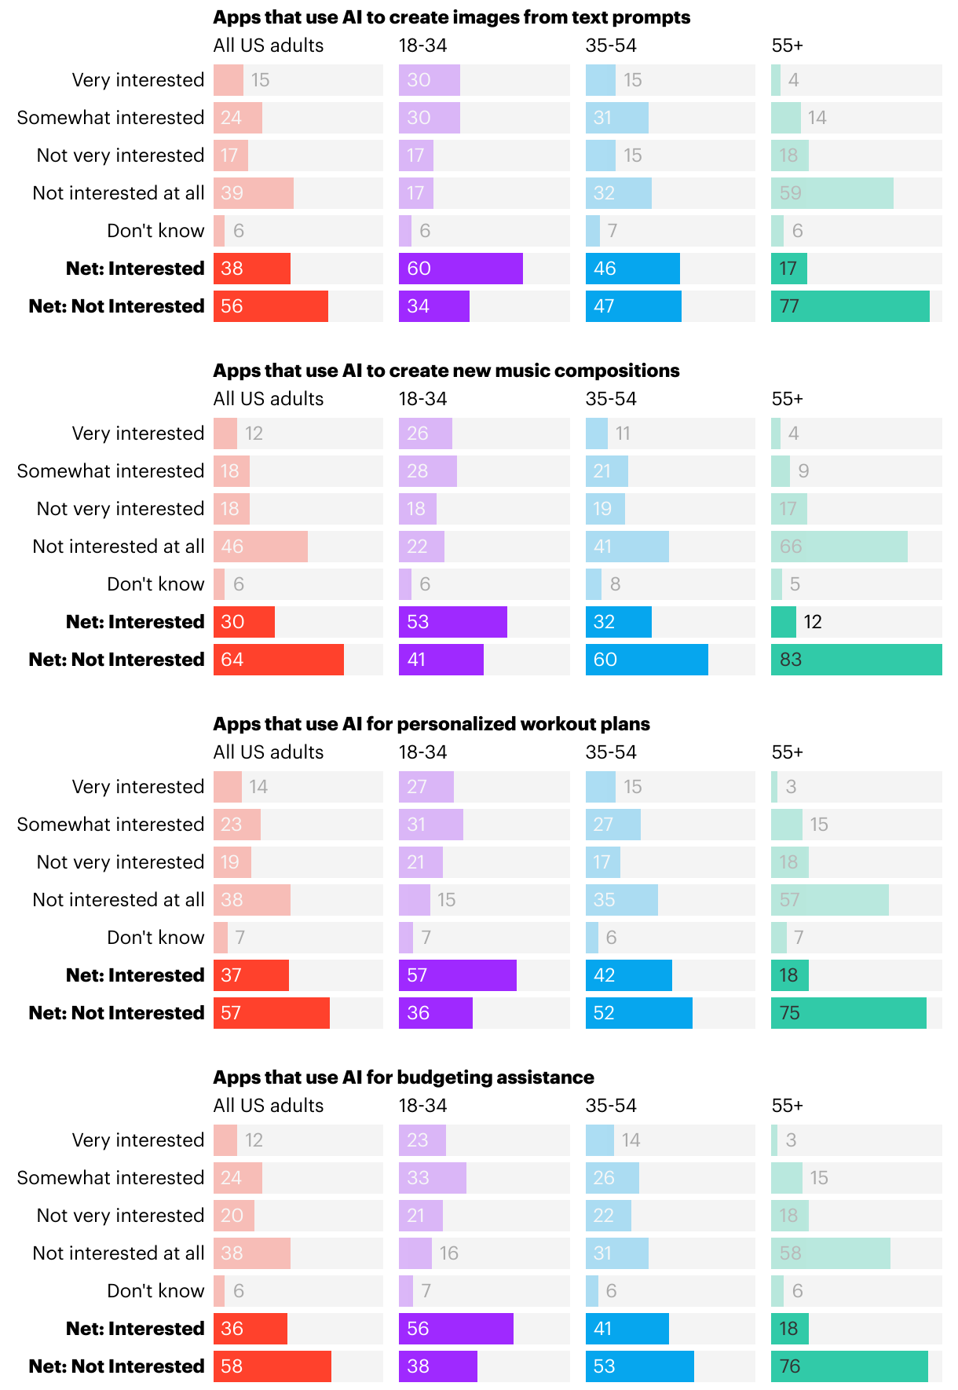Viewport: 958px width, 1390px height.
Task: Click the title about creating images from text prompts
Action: pos(452,17)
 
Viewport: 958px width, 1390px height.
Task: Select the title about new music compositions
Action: pos(446,371)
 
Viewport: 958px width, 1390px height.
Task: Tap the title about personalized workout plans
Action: pos(431,724)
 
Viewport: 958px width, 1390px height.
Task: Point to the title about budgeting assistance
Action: pos(404,1077)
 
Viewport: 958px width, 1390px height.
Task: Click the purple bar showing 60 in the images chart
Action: pos(461,269)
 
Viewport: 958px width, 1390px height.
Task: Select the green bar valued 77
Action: pos(850,306)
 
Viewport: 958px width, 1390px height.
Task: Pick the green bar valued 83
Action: pos(856,660)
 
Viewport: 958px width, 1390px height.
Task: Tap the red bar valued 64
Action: pos(279,660)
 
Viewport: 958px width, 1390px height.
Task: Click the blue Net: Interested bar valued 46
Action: pos(633,269)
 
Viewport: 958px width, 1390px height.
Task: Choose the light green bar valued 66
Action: pos(839,547)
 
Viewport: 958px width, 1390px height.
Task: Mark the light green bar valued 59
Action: pos(832,193)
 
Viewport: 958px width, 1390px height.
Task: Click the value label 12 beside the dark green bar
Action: pos(813,622)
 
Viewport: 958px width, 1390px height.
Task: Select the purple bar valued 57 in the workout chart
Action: pos(458,975)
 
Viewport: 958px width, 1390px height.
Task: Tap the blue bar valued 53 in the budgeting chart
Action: pos(640,1366)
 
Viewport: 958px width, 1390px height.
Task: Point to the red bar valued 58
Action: pos(272,1366)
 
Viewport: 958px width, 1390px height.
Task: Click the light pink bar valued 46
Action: pos(261,547)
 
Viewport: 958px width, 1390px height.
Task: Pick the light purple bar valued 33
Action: pos(433,1178)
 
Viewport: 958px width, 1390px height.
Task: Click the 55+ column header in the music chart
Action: pos(788,399)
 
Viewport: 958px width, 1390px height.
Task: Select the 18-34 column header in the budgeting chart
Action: pos(423,1106)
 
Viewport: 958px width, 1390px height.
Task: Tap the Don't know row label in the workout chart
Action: pos(155,938)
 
